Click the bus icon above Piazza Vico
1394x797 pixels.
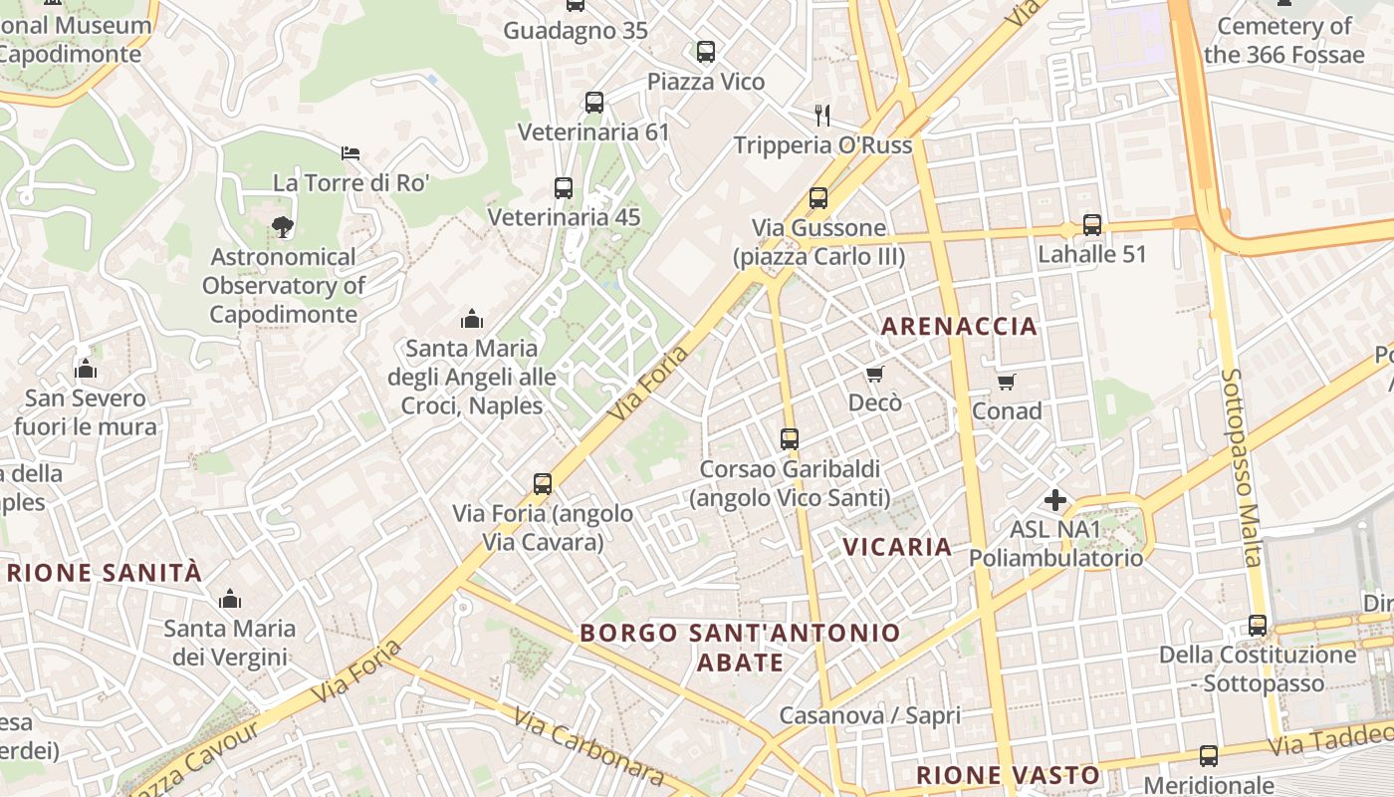pos(706,51)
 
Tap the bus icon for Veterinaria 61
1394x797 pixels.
pos(594,102)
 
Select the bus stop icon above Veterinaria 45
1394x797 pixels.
pos(564,187)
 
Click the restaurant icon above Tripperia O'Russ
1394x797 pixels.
pos(822,115)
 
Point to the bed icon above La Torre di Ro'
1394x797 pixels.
pos(350,152)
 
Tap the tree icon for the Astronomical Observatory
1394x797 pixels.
pos(284,226)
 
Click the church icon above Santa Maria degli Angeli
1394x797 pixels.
pos(472,319)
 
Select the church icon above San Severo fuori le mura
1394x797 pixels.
pos(86,370)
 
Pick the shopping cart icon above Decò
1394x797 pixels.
pos(874,374)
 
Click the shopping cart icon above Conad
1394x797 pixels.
pos(1007,382)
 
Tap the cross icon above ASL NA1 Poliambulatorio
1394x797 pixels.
pos(1055,499)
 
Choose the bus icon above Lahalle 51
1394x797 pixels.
pos(1092,224)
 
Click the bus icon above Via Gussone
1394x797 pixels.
pos(818,198)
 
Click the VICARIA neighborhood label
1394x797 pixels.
pos(897,546)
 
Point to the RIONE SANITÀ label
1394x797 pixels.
pos(105,572)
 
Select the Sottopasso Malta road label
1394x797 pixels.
pos(1240,467)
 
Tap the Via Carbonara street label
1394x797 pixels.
pos(589,746)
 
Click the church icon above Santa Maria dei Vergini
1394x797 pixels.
pos(230,599)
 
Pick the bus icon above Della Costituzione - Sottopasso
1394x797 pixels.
pos(1258,625)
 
